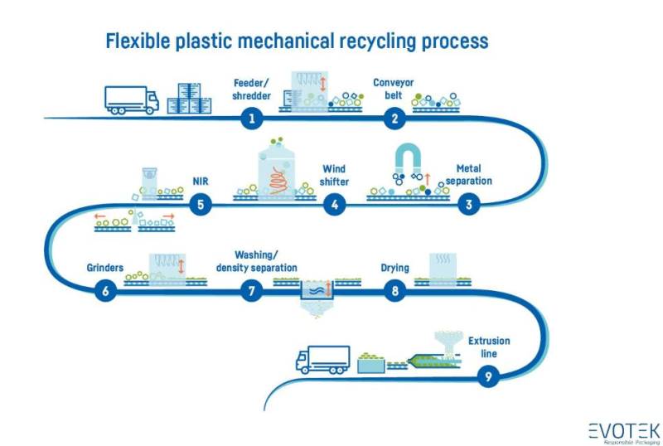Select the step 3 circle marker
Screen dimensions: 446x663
pyautogui.click(x=470, y=205)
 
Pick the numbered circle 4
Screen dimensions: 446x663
pyautogui.click(x=334, y=205)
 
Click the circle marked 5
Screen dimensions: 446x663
pyautogui.click(x=198, y=205)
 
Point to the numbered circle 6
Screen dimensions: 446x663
pyautogui.click(x=106, y=291)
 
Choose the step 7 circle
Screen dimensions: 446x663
pyautogui.click(x=251, y=291)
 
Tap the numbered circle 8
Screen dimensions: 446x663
pyautogui.click(x=395, y=291)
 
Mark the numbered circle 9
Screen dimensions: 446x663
pyautogui.click(x=488, y=378)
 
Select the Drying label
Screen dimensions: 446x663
pyautogui.click(x=395, y=268)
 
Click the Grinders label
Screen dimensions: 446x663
pyautogui.click(x=105, y=268)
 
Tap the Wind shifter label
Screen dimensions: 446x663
pyautogui.click(x=334, y=173)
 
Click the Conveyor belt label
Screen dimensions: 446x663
pyautogui.click(x=393, y=89)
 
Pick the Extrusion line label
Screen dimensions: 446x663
pyautogui.click(x=489, y=347)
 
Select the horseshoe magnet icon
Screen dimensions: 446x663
pyautogui.click(x=409, y=157)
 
